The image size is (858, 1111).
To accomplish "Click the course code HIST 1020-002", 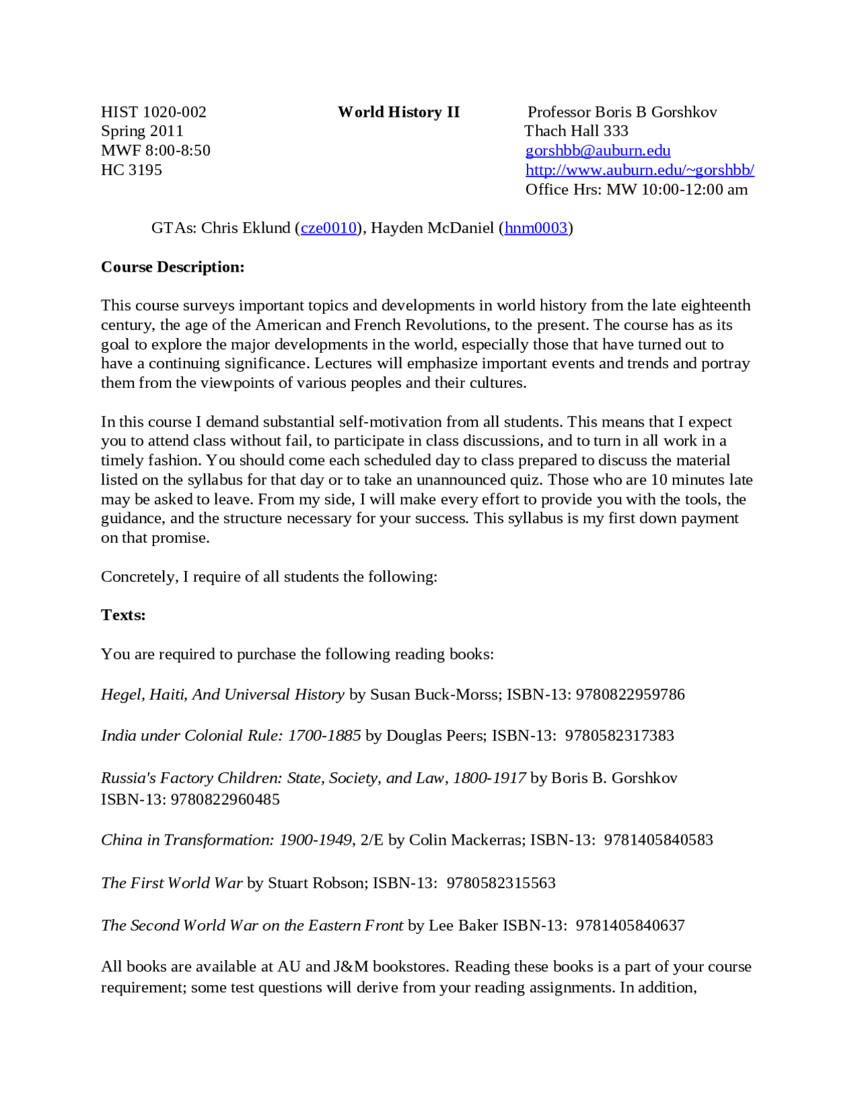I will tap(154, 112).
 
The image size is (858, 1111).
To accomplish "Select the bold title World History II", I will tap(399, 112).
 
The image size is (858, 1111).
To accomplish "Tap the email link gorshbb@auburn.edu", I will tap(597, 150).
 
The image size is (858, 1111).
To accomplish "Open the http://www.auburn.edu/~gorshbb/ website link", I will tap(639, 170).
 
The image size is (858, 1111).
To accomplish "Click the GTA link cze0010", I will tap(328, 228).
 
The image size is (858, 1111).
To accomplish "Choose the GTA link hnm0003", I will tap(536, 228).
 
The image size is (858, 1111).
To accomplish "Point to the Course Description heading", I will tap(172, 267).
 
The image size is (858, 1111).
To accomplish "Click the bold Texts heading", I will tap(123, 615).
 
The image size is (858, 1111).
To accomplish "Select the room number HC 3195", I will tap(131, 170).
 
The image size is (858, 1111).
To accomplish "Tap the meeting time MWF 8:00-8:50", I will tap(156, 150).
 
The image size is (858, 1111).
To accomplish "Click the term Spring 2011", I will tap(141, 131).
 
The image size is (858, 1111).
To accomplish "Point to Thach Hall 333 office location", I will tap(576, 131).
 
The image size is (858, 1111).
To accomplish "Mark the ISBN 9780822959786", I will tap(630, 694).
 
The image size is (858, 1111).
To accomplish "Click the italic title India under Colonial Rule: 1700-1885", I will tap(231, 736).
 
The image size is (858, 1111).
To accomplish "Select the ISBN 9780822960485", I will tap(225, 800).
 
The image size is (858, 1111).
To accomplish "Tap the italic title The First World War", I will tap(172, 883).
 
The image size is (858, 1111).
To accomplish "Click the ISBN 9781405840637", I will tap(630, 926).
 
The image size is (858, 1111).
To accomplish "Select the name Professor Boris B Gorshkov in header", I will tap(621, 112).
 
